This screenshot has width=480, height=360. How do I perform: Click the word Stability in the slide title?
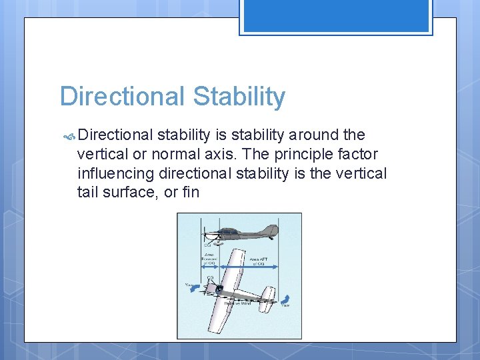pyautogui.click(x=239, y=97)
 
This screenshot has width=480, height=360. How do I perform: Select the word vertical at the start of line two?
pyautogui.click(x=103, y=155)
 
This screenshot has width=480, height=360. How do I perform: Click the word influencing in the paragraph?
pyautogui.click(x=116, y=174)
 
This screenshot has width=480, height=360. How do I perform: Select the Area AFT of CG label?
pyautogui.click(x=257, y=261)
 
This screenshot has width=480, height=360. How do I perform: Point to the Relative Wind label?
pyautogui.click(x=238, y=303)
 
